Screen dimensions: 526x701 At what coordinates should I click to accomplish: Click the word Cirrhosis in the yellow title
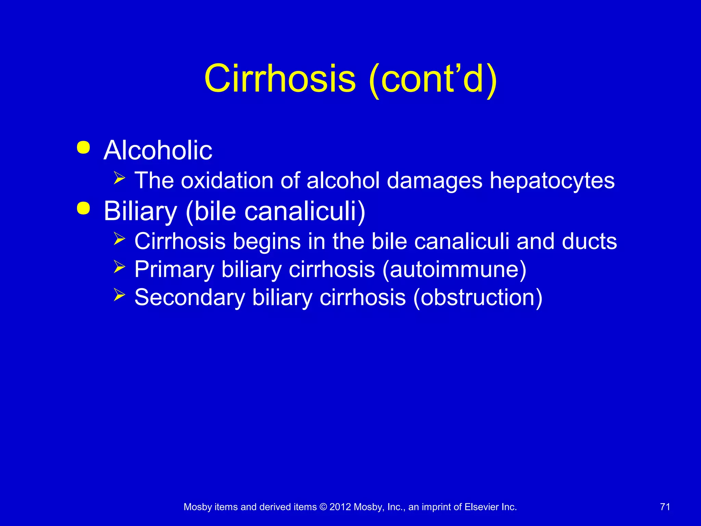(280, 79)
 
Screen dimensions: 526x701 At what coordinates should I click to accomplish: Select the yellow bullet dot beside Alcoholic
(84, 148)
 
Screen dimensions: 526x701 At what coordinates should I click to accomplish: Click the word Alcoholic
(158, 150)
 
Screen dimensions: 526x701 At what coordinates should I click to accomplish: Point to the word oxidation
(227, 180)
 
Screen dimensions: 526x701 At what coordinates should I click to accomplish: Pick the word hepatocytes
(552, 181)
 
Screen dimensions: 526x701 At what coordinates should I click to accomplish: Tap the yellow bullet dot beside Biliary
(84, 208)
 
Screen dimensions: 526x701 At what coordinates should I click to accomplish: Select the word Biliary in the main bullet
(140, 212)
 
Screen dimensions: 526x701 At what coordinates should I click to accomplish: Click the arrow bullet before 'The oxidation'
(119, 178)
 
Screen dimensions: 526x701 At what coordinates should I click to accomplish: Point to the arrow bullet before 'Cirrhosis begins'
(119, 239)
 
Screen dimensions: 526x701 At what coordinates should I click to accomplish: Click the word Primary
(174, 270)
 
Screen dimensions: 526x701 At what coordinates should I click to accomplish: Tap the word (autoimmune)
(454, 270)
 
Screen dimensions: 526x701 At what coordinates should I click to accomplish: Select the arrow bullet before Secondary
(119, 295)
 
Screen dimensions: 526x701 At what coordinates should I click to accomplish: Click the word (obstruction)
(477, 297)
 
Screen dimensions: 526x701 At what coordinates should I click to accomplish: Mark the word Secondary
(190, 297)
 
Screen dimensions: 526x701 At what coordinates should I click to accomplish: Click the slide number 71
(665, 507)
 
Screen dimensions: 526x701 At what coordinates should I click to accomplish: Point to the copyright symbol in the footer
(323, 507)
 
